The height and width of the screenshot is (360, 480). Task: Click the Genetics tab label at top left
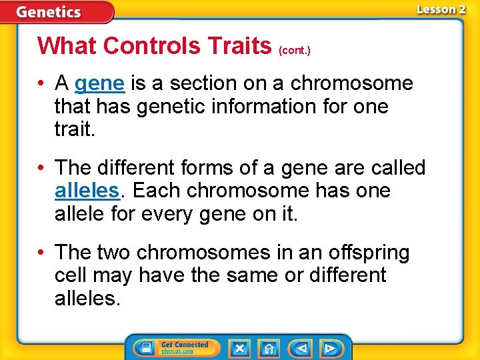[x=49, y=12]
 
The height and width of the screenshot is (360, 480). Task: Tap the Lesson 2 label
[x=441, y=9]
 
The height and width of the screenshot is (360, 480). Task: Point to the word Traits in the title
[x=239, y=45]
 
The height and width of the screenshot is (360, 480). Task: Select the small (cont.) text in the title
[x=295, y=50]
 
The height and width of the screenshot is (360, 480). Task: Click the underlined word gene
[x=99, y=83]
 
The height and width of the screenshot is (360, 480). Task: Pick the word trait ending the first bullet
[x=74, y=129]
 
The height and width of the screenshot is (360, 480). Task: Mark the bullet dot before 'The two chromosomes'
[x=43, y=253]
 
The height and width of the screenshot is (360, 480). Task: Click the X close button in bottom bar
[x=239, y=348]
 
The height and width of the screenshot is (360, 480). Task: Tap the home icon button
[x=269, y=348]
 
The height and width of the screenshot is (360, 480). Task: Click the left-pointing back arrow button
[x=301, y=348]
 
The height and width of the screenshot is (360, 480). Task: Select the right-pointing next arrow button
[x=329, y=348]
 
